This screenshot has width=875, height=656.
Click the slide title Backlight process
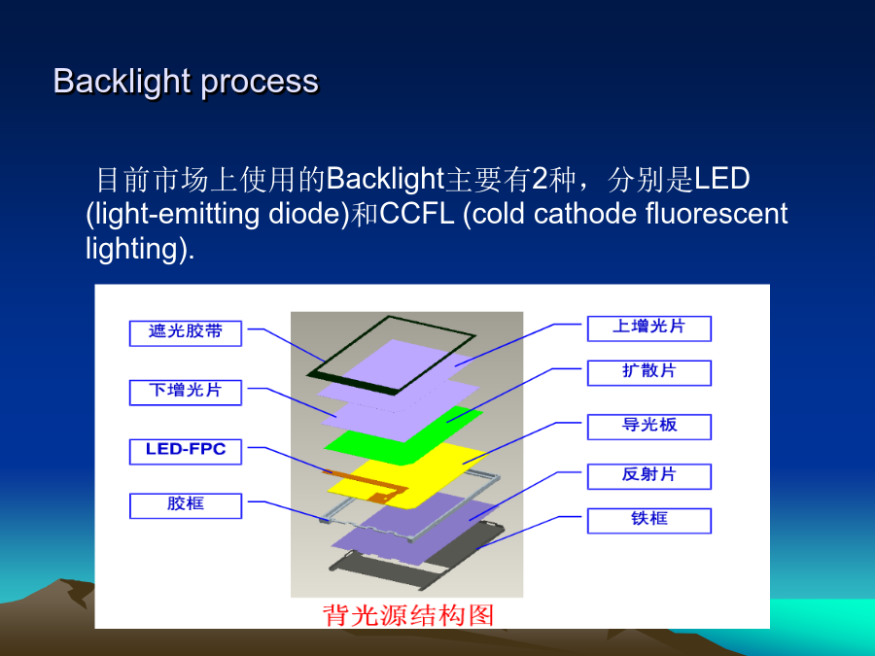[x=186, y=82]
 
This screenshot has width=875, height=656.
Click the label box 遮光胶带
[x=186, y=333]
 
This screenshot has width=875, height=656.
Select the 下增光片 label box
[x=186, y=393]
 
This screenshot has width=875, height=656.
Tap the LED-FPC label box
[x=186, y=451]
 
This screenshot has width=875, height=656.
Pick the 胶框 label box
[x=186, y=505]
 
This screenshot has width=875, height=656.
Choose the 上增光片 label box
[x=649, y=328]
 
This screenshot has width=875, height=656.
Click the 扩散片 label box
[x=649, y=372]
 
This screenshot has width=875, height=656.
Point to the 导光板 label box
[x=649, y=427]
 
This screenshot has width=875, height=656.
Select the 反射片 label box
[x=649, y=476]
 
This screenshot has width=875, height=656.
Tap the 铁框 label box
[x=649, y=521]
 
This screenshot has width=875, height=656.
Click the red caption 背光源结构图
[x=408, y=615]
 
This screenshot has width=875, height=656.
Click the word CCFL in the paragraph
[x=416, y=214]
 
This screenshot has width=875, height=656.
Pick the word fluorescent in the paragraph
[x=717, y=214]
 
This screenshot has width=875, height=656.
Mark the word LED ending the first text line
[x=721, y=179]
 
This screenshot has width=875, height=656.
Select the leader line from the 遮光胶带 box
[x=286, y=343]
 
